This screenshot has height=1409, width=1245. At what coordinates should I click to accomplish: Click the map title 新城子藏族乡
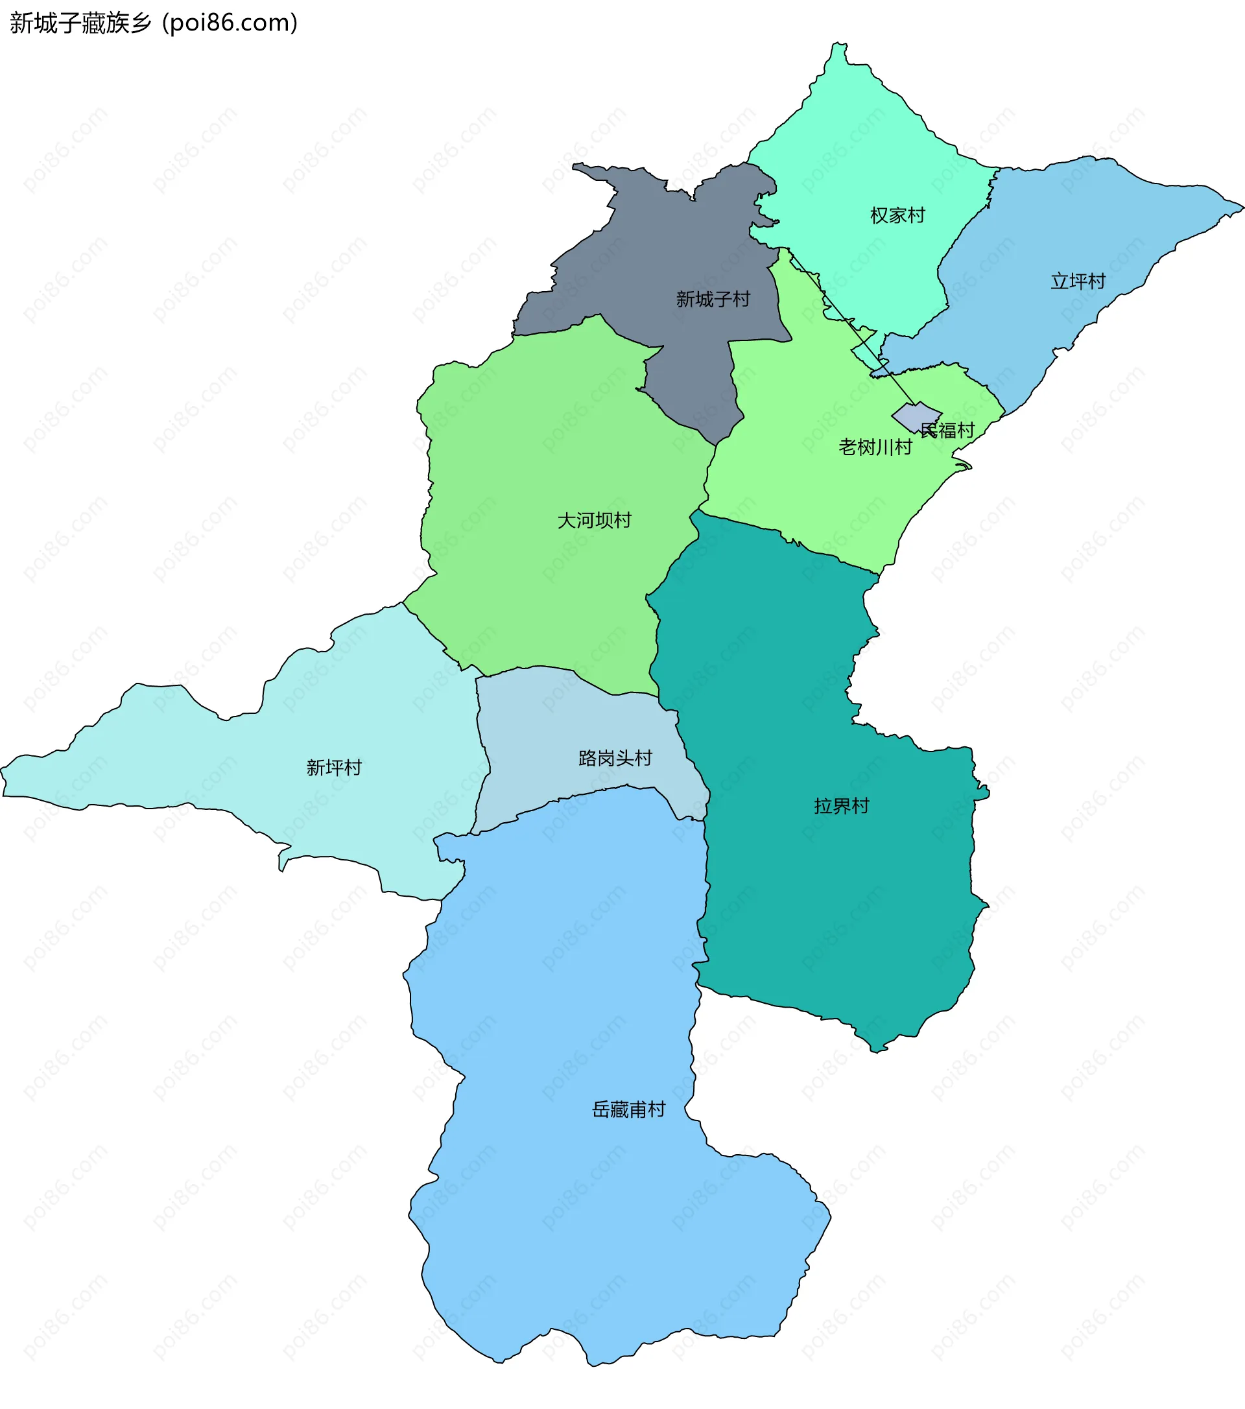pos(80,23)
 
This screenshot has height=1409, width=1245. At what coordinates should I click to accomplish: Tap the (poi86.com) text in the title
pos(230,23)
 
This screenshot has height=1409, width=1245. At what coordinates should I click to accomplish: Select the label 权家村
pos(897,216)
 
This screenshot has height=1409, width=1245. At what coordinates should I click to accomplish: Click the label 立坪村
pos(1078,281)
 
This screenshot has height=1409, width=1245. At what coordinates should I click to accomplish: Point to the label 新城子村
pos(713,299)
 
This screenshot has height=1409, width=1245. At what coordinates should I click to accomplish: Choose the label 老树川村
pos(875,447)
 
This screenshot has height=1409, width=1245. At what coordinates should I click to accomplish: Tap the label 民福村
pos(948,431)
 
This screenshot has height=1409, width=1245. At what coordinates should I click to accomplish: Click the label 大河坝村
pos(594,521)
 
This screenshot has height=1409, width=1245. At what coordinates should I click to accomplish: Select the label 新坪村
pos(334,767)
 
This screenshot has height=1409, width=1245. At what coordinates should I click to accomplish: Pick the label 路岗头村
pos(615,758)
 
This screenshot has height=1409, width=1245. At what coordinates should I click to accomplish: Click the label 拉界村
pos(841,806)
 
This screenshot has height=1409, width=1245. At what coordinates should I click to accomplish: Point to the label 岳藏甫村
pos(629,1109)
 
